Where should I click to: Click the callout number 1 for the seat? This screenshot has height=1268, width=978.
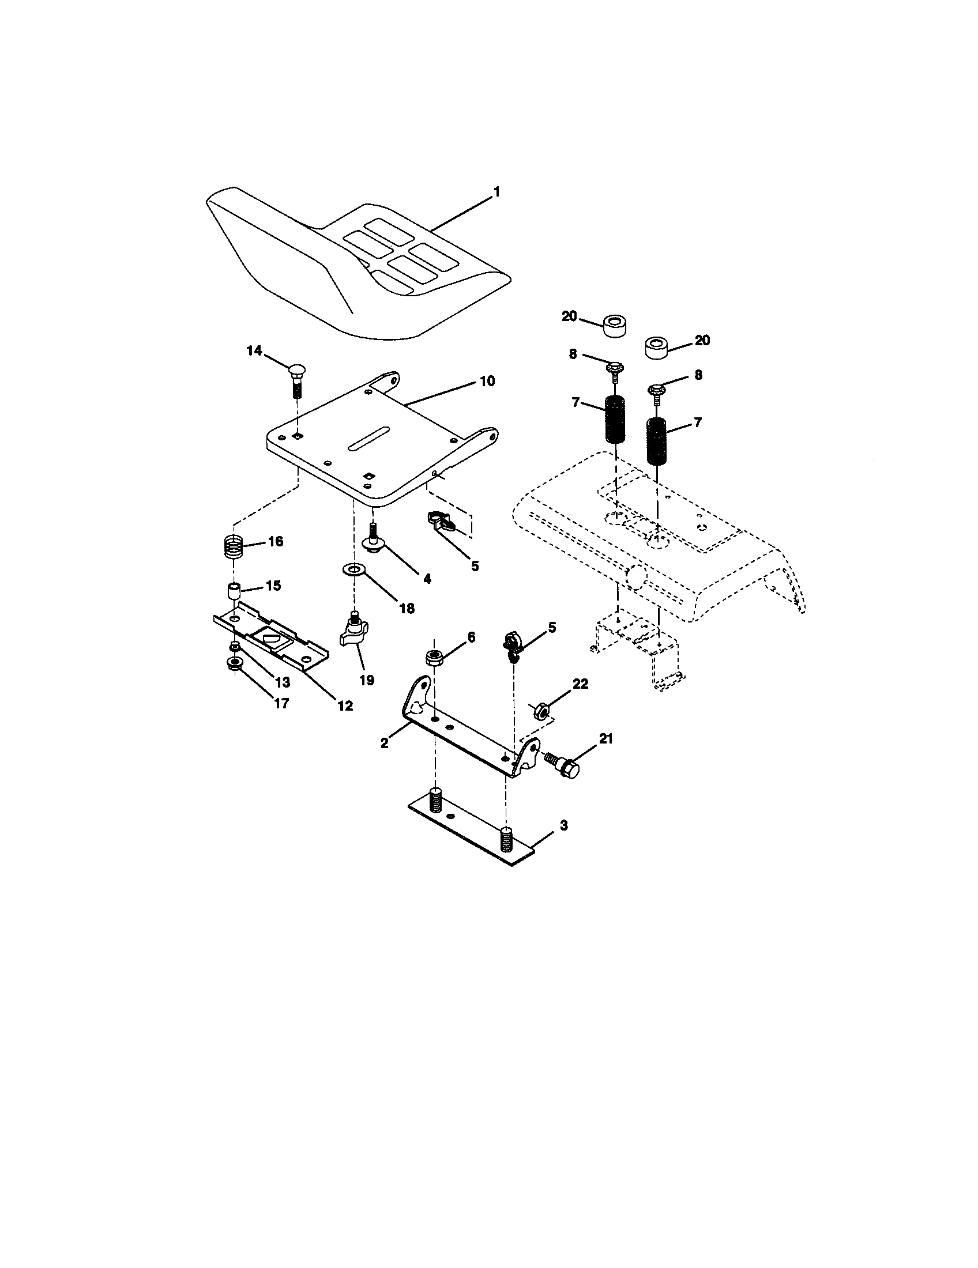(x=496, y=192)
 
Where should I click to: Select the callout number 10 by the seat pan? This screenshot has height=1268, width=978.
(x=487, y=381)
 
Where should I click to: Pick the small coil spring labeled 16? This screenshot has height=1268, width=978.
(x=233, y=546)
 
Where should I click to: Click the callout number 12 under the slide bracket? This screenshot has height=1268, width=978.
(x=345, y=705)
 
